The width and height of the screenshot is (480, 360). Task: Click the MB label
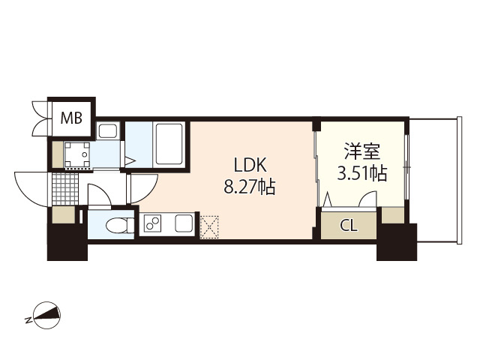(x=72, y=117)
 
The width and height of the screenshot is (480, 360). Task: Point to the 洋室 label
(x=361, y=153)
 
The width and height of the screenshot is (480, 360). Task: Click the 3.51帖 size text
(x=361, y=175)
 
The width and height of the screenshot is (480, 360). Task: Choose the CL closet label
(x=349, y=224)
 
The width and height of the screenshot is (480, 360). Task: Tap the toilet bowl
(x=115, y=224)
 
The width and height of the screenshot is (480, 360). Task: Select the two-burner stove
(x=154, y=224)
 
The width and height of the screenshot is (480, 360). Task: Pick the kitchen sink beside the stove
(x=182, y=223)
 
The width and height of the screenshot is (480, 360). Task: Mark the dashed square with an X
(x=208, y=223)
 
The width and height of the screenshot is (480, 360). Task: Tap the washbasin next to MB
(x=107, y=132)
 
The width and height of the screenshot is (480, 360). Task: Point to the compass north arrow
(x=46, y=315)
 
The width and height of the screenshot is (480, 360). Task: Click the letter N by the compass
(x=28, y=320)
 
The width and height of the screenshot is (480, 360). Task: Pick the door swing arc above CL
(x=367, y=200)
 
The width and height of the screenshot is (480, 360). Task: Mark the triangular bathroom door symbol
(x=130, y=160)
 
